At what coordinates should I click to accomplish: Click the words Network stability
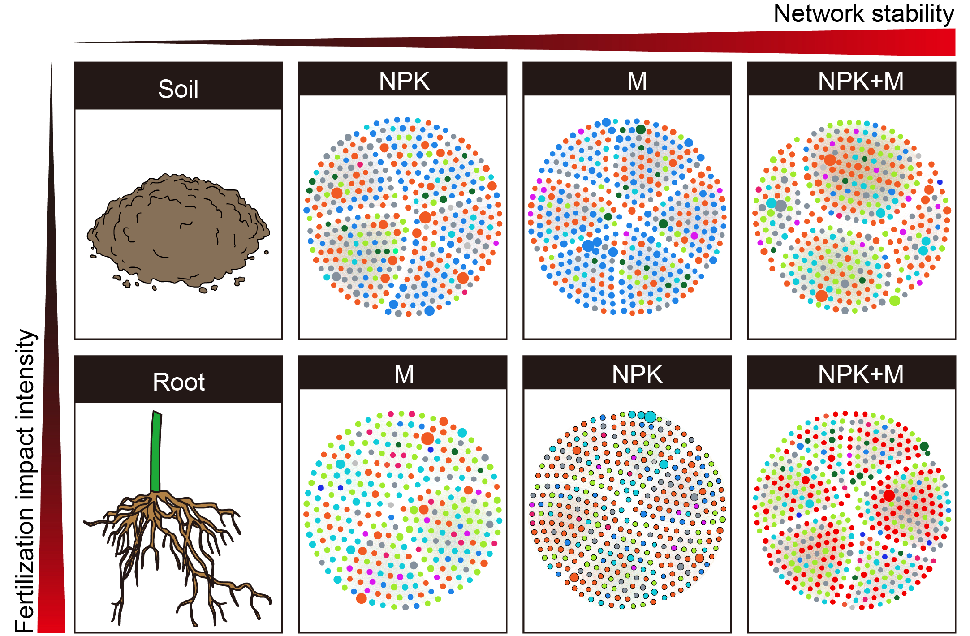point(864,14)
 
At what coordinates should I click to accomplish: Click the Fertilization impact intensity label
point(26,481)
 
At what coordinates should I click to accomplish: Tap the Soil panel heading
point(178,89)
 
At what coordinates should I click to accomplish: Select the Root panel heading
point(179,382)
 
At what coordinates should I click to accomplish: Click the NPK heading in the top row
point(404,81)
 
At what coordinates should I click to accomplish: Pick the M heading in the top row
point(637,81)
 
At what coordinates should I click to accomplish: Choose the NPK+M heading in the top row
point(861,81)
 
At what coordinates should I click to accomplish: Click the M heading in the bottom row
point(404,374)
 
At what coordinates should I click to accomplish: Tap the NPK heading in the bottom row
point(637,374)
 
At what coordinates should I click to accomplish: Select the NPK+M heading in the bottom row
point(861,374)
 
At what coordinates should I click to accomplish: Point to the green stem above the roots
point(156,451)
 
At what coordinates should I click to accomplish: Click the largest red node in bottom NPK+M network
point(889,496)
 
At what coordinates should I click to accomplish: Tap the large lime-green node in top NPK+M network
point(895,301)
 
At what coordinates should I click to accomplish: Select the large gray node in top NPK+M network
point(781,206)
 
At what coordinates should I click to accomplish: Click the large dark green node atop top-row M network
point(641,129)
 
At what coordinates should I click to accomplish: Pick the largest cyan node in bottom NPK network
point(650,417)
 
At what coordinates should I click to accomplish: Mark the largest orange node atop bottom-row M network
point(427,438)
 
